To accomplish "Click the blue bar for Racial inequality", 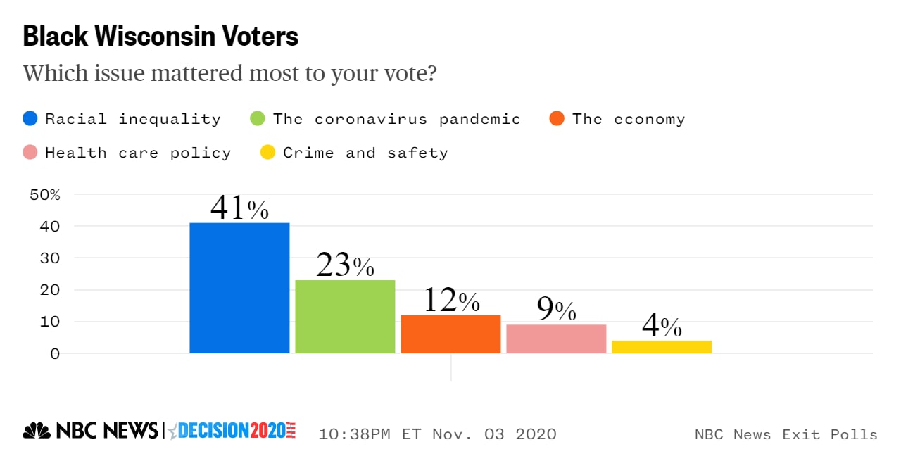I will tap(239, 288).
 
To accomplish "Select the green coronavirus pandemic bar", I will tap(345, 317).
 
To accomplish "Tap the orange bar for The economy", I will tap(450, 334).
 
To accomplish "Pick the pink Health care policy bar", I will tap(556, 339).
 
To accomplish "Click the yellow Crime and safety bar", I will tap(662, 347).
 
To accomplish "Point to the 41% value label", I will tap(239, 208).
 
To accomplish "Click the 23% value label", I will tap(345, 265).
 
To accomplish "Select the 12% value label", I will tap(450, 301).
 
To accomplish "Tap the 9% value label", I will tap(556, 310).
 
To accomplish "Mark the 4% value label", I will tap(662, 327).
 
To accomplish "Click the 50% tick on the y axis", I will tap(45, 195).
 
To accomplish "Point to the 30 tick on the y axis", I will tap(51, 258).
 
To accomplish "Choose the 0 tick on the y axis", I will tap(55, 353).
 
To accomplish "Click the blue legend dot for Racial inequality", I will tap(30, 119).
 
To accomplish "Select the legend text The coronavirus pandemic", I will tap(397, 119).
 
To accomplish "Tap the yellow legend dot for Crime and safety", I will tap(267, 153).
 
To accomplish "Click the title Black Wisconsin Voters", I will tap(160, 37).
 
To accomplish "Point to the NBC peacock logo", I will tap(36, 431).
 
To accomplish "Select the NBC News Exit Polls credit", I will tap(786, 434).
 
